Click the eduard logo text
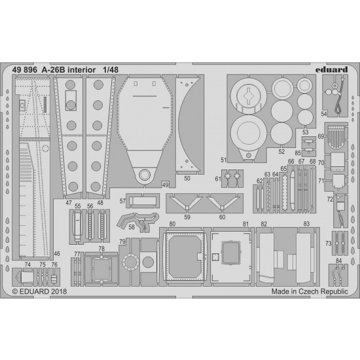click(x=331, y=69)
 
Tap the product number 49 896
click(x=25, y=70)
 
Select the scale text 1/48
click(x=111, y=70)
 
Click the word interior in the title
click(x=82, y=70)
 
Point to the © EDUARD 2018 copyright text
click(x=39, y=291)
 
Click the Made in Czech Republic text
click(x=310, y=291)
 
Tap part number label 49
click(x=166, y=185)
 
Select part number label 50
click(x=187, y=179)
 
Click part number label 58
click(x=132, y=227)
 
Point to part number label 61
click(x=218, y=179)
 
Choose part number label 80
click(x=172, y=224)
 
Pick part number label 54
click(x=324, y=114)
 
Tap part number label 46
click(x=57, y=254)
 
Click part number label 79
click(x=122, y=242)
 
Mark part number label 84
click(x=338, y=261)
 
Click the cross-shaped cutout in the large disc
click(x=249, y=96)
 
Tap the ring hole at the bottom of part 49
click(x=145, y=175)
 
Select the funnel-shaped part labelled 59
click(x=187, y=202)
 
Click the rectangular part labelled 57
click(x=143, y=201)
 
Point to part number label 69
click(x=321, y=136)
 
